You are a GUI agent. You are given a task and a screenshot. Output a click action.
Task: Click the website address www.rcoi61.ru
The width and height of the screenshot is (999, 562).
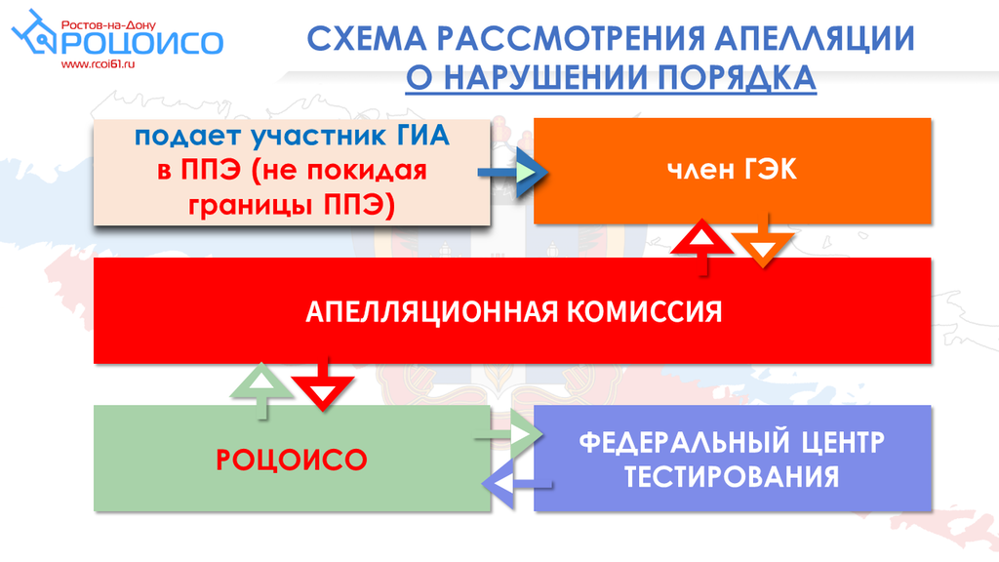tap(99, 64)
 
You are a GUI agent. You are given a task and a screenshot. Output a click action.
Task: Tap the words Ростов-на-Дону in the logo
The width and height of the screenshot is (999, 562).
tap(108, 25)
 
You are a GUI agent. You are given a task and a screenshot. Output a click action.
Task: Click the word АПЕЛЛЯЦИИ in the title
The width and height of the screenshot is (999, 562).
tap(815, 38)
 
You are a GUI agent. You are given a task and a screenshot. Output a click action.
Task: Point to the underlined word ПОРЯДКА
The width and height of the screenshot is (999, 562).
tap(737, 78)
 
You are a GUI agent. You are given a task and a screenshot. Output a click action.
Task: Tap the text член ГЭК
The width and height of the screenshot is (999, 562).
tap(732, 170)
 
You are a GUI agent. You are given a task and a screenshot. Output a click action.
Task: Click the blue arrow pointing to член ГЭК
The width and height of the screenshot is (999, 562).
tap(513, 172)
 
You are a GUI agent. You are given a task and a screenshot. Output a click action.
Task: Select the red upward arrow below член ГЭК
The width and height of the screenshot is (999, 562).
tap(702, 246)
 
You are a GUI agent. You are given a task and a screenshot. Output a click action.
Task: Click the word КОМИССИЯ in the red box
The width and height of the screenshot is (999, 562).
tap(644, 311)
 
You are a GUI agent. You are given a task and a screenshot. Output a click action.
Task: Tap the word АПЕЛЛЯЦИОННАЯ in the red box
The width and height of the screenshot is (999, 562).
tap(432, 312)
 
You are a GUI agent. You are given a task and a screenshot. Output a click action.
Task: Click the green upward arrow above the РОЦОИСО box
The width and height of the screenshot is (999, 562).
tap(261, 390)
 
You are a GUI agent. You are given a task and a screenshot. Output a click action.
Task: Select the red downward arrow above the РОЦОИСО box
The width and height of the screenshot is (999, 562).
tap(322, 383)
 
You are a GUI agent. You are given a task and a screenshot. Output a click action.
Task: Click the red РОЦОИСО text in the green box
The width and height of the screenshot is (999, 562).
tap(292, 461)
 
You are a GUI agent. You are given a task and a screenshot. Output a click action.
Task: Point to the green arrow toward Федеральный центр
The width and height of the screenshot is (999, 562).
tap(508, 435)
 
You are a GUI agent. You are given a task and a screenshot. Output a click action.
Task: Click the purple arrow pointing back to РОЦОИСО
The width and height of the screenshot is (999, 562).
tap(517, 484)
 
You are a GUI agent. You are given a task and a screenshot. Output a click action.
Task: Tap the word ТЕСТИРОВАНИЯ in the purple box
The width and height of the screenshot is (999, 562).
tap(732, 476)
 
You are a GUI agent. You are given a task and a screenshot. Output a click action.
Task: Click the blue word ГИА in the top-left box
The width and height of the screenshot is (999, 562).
tap(423, 137)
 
